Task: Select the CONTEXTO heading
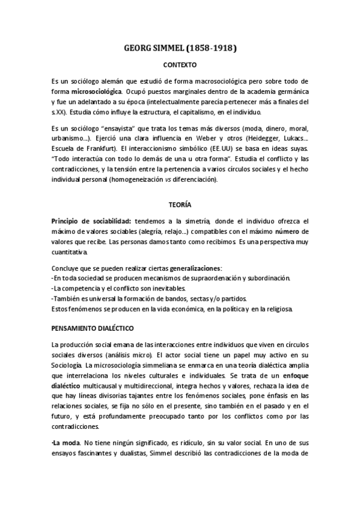click(x=180, y=63)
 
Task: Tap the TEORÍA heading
click(x=180, y=204)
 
